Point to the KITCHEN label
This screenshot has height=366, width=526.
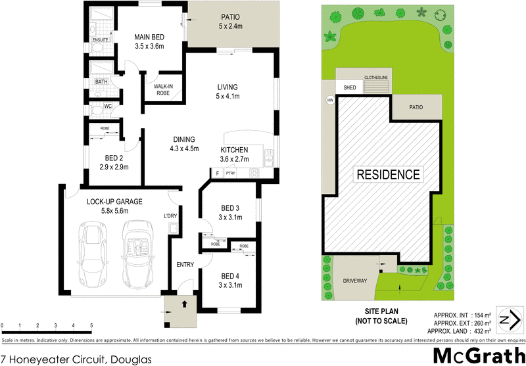234,150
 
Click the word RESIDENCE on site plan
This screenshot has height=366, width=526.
388,175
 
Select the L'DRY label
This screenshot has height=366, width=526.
170,216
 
